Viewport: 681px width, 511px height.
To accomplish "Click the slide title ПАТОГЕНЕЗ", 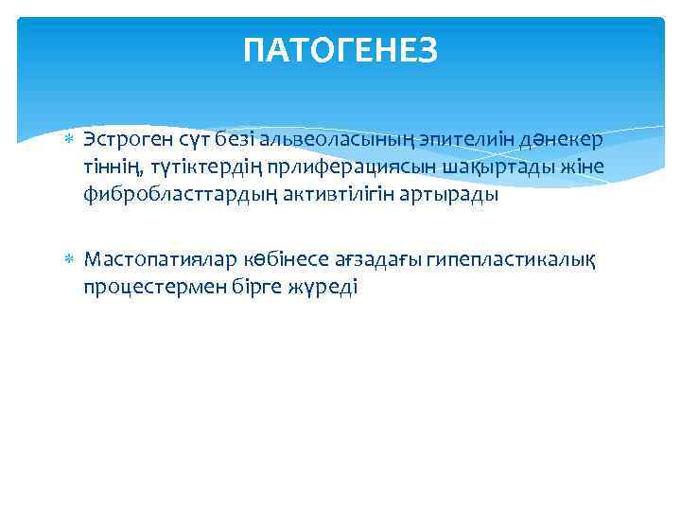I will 340,50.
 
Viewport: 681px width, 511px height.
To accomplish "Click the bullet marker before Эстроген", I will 66,140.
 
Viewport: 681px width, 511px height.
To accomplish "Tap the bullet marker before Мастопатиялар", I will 66,259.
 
